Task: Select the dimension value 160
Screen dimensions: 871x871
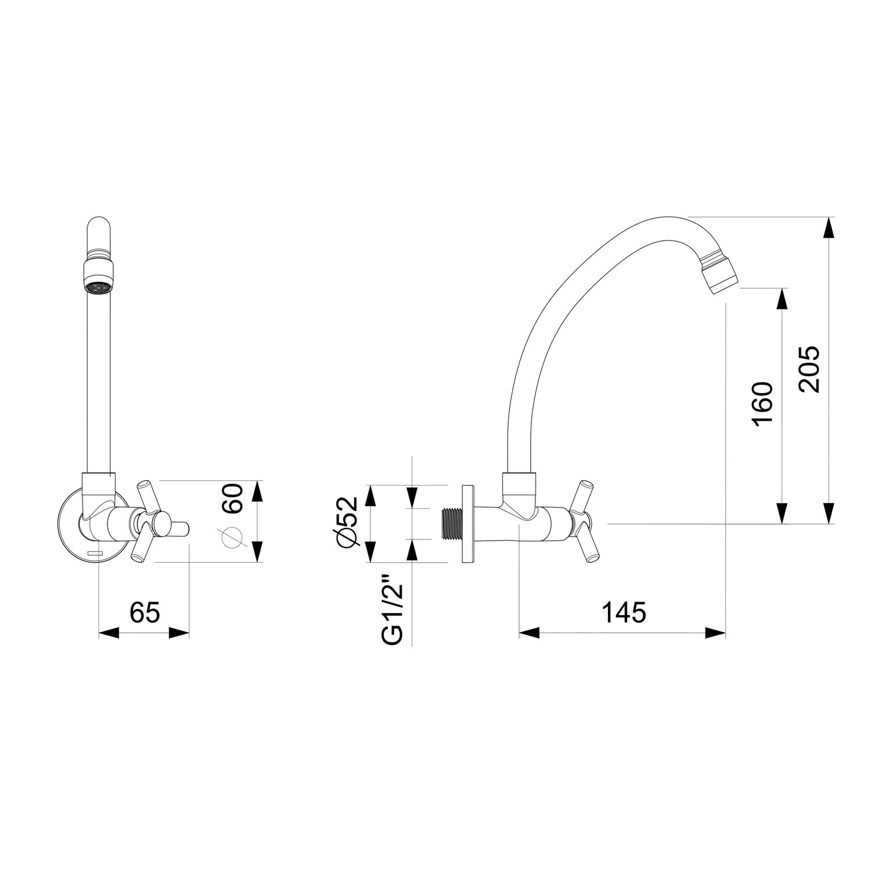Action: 763,404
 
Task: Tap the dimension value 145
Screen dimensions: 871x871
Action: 623,612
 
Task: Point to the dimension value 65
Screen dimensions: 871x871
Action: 144,612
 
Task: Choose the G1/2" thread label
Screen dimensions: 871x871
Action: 392,610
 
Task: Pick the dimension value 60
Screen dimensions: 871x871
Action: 232,498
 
